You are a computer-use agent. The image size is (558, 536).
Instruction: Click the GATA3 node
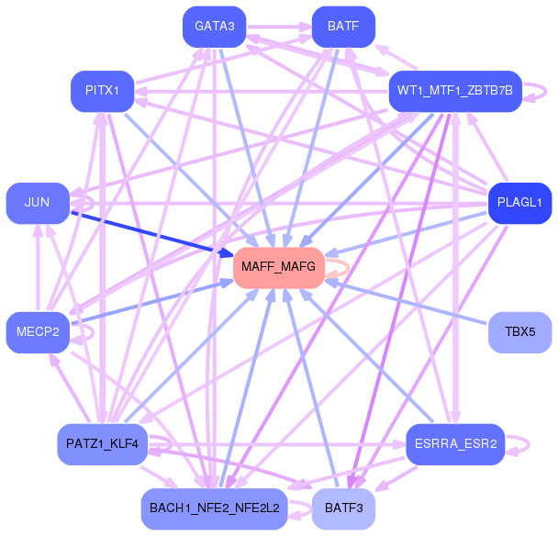(214, 27)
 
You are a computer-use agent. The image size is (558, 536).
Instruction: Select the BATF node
(343, 27)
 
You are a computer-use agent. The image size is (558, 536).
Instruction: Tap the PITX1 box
(103, 91)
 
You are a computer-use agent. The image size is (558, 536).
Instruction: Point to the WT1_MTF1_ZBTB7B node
(455, 91)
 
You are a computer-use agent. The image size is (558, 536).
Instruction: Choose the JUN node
(38, 203)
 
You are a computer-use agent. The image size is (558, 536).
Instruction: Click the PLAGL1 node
(520, 203)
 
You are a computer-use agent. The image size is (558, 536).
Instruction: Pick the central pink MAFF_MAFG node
(279, 268)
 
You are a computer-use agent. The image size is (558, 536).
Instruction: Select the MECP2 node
(38, 332)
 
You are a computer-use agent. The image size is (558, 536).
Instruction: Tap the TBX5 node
(520, 332)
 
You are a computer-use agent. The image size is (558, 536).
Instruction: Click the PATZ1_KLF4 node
(103, 444)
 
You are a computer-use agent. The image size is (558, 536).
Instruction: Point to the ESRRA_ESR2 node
(455, 444)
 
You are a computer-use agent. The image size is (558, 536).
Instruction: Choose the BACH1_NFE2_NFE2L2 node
(214, 508)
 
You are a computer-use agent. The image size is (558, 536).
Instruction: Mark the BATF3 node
(343, 508)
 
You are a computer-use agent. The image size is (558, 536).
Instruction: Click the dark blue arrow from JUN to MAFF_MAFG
(152, 234)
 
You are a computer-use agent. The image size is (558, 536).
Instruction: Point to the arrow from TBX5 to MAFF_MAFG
(407, 303)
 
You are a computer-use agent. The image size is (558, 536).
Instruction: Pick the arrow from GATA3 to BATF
(280, 27)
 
